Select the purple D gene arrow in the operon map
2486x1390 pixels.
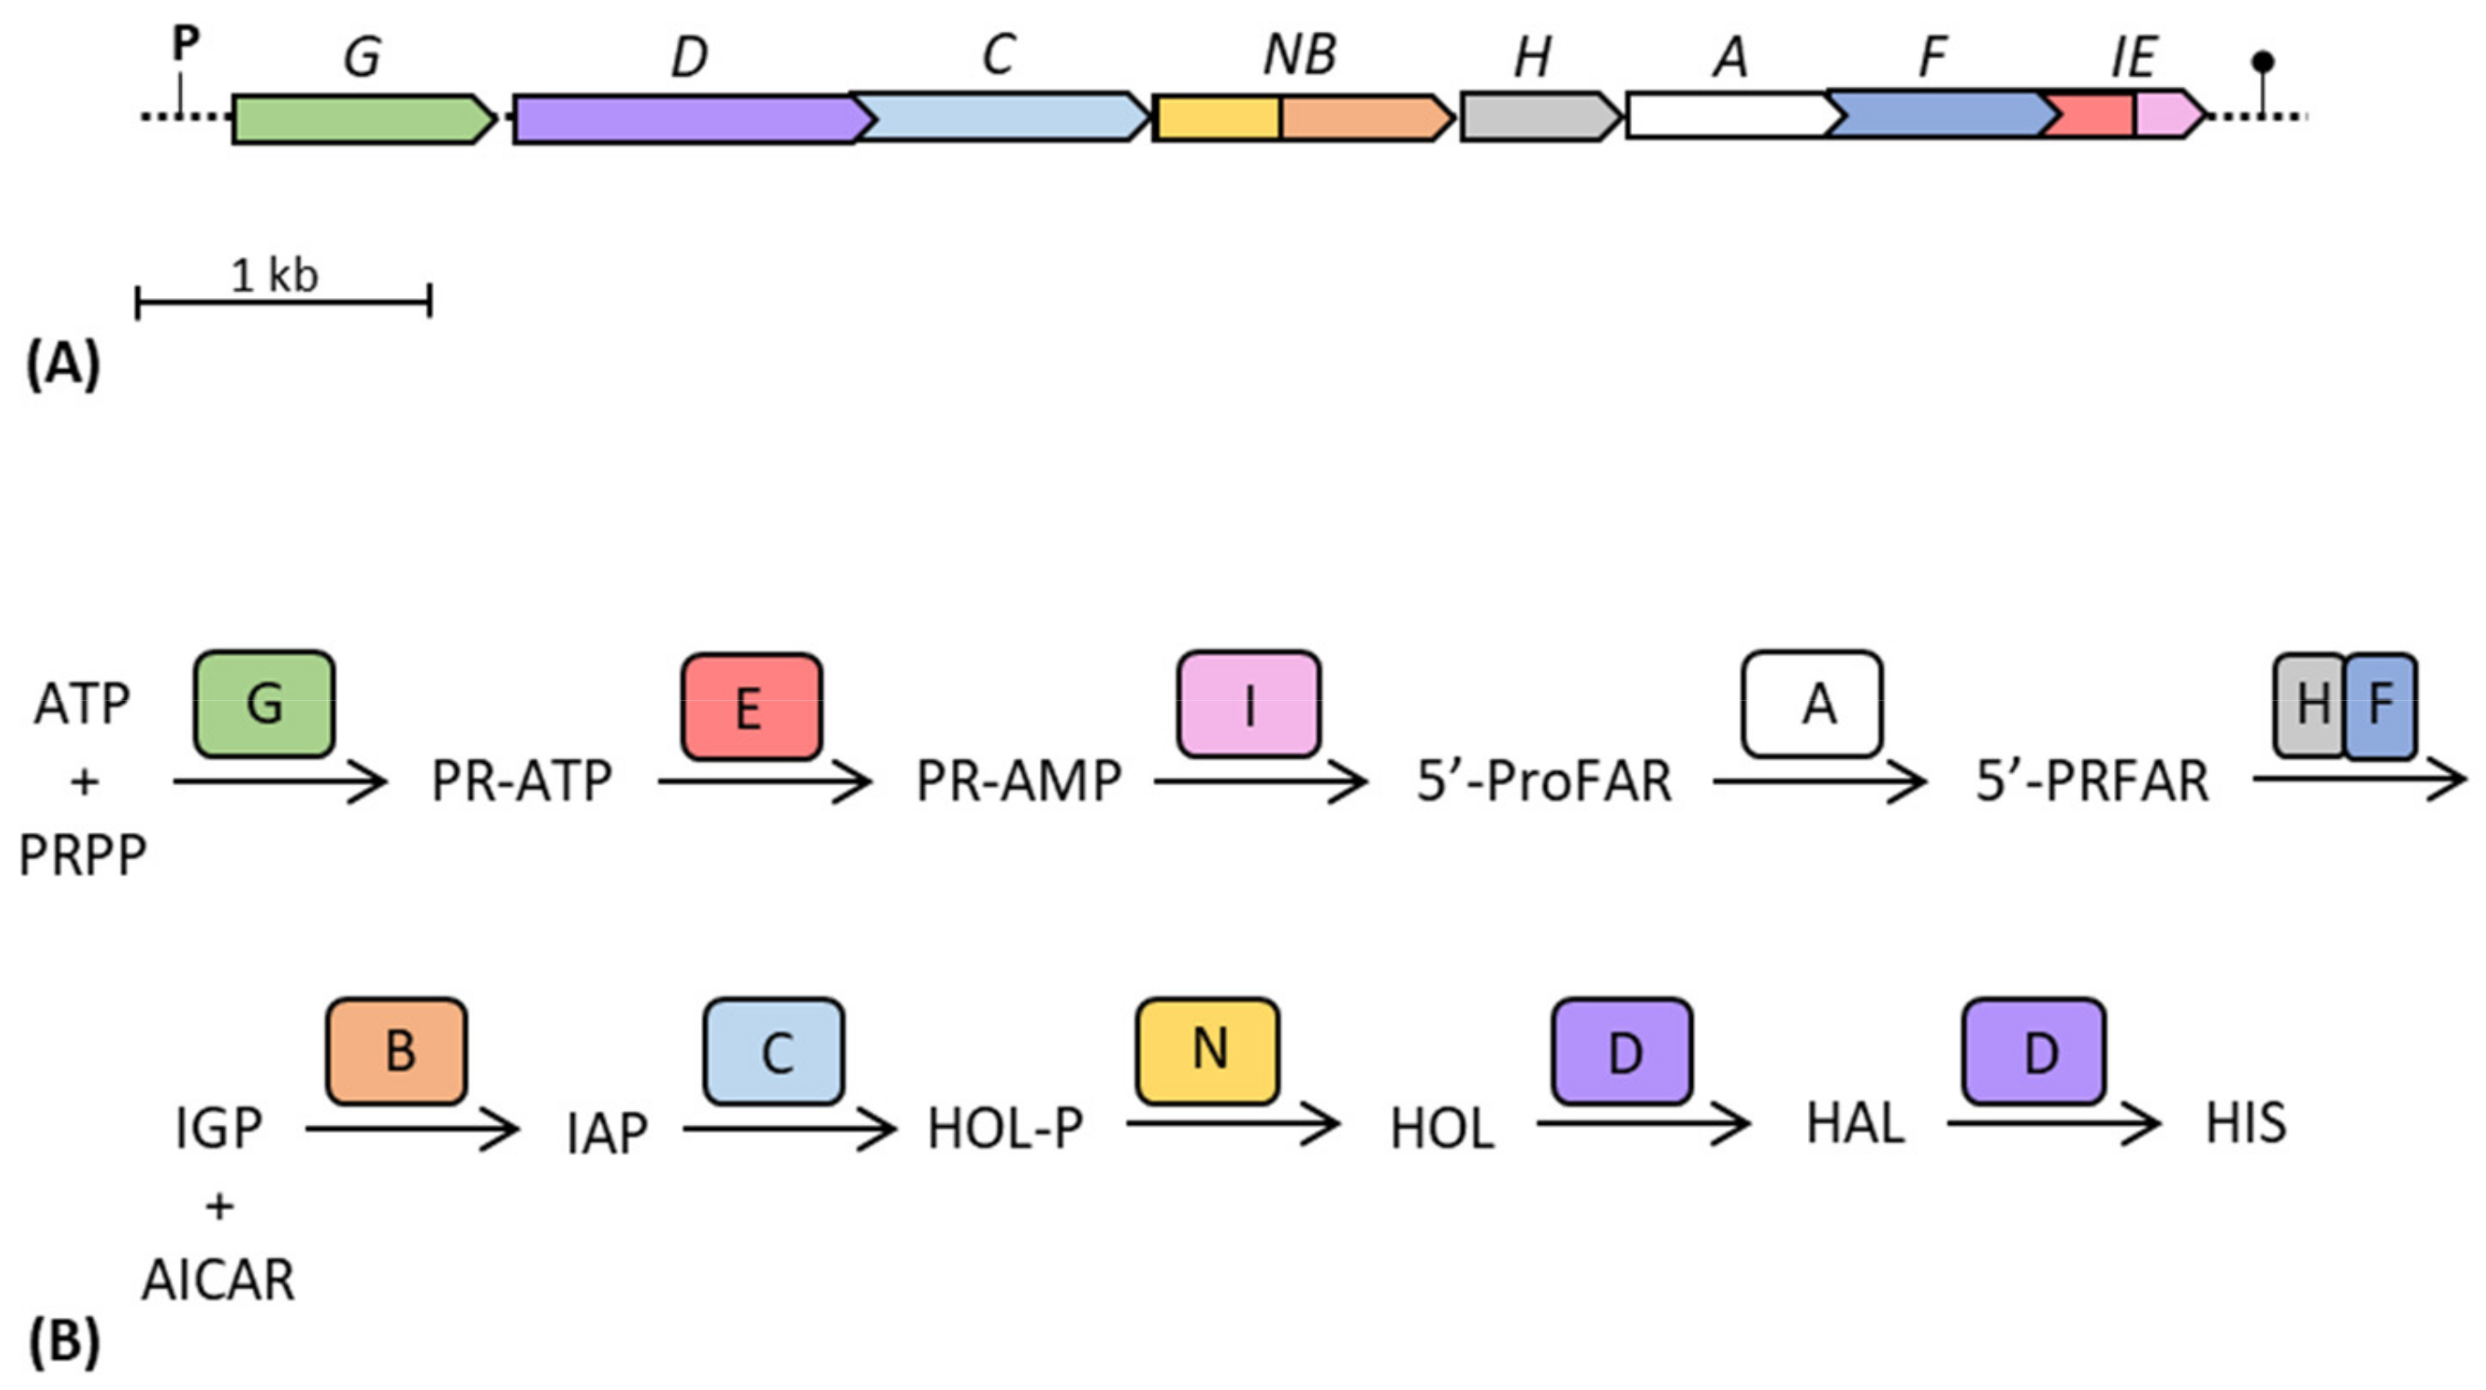tap(685, 120)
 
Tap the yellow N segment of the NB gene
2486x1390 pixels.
tap(1218, 119)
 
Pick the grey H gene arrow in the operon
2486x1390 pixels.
tap(1537, 117)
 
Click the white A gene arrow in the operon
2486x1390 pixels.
tap(1728, 116)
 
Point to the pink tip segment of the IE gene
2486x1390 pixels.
tap(2166, 115)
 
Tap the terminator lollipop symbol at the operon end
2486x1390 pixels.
tap(2263, 64)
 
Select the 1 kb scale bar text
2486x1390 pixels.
tap(275, 276)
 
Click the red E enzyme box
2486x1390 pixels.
tap(751, 706)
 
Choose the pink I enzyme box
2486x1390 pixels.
tap(1248, 705)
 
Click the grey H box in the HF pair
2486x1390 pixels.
tap(2310, 706)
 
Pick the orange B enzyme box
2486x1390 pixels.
tap(397, 1051)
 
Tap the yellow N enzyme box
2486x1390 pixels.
tap(1207, 1050)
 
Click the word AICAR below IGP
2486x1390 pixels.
tap(218, 1281)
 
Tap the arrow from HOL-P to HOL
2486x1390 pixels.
tap(1232, 1123)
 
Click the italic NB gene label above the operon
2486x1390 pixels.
tap(1299, 55)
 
